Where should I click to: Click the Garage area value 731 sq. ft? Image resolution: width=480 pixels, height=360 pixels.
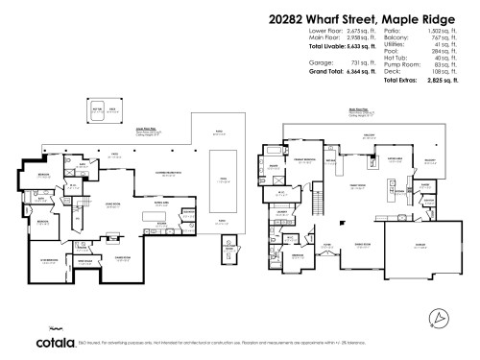click(x=351, y=62)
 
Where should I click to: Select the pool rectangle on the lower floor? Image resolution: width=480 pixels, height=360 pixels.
click(x=220, y=182)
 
